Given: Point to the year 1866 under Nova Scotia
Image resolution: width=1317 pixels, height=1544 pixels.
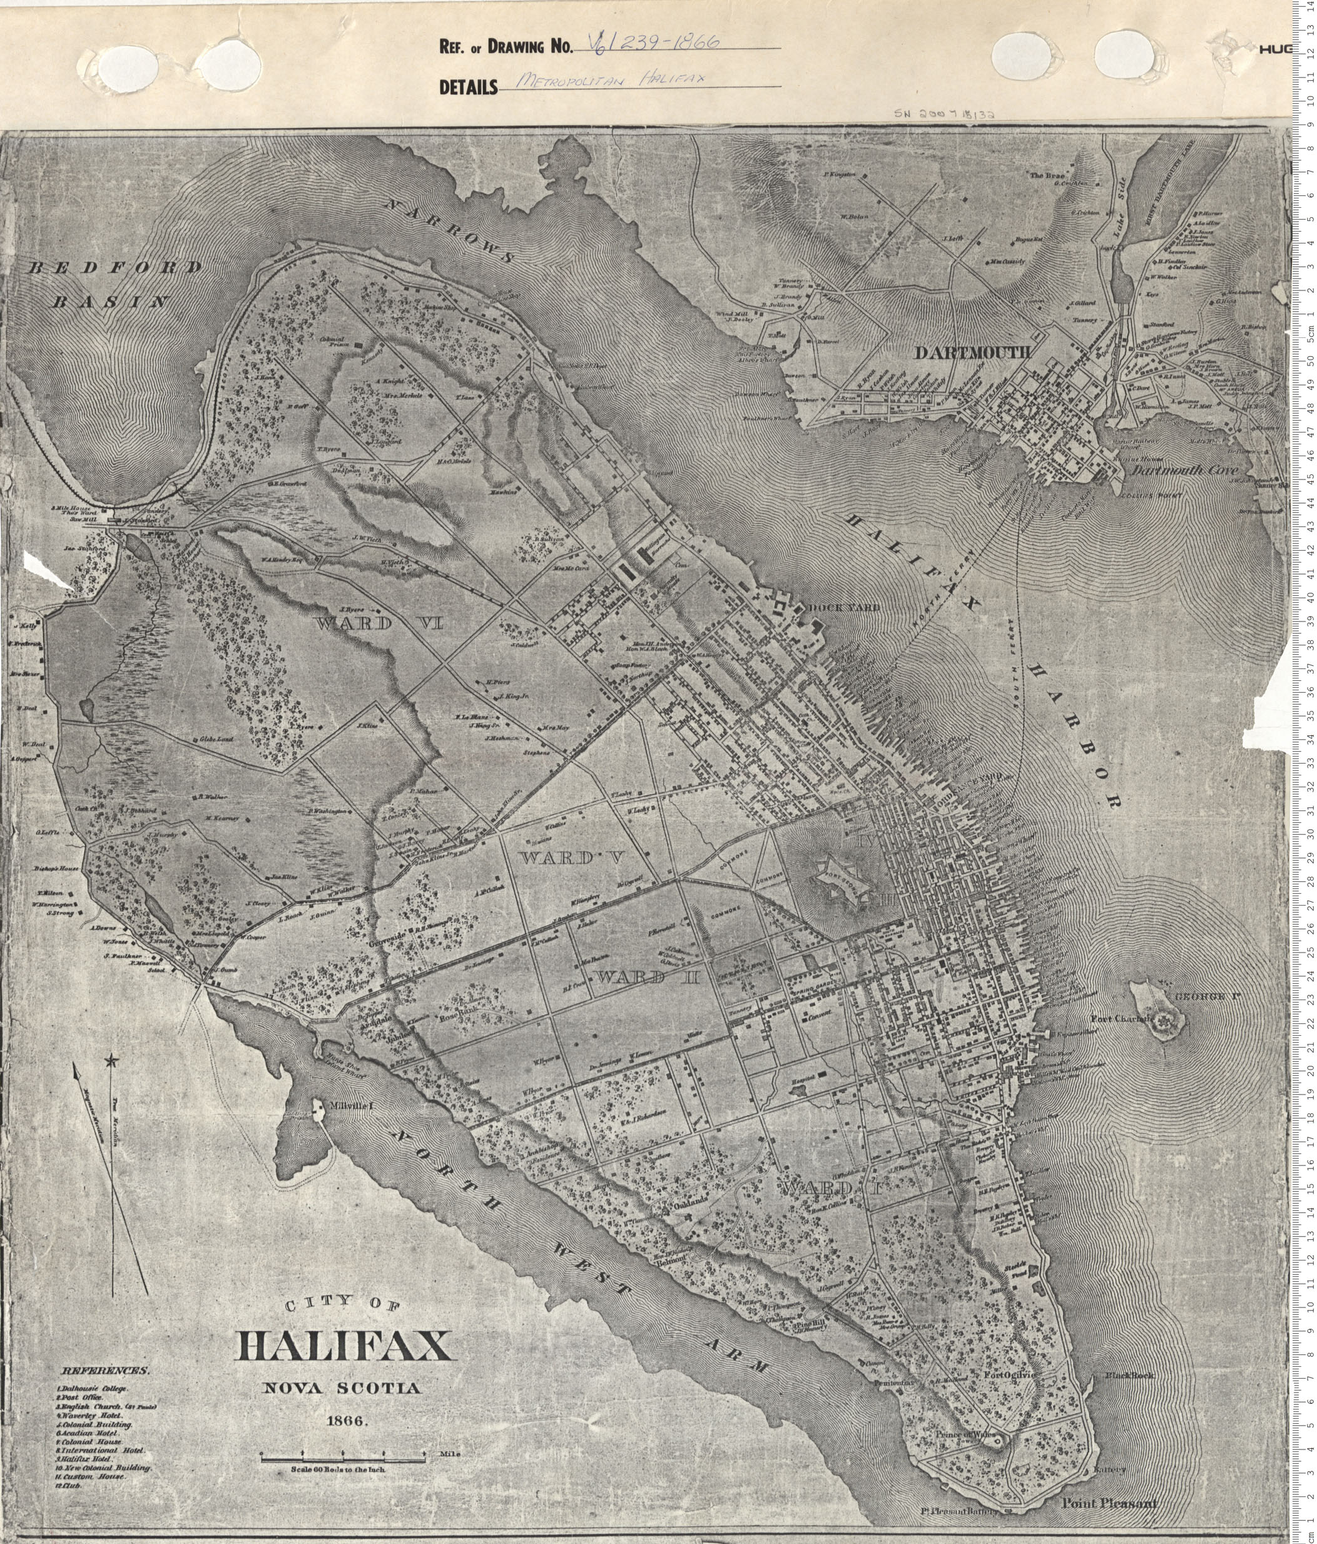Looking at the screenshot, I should point(344,1420).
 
